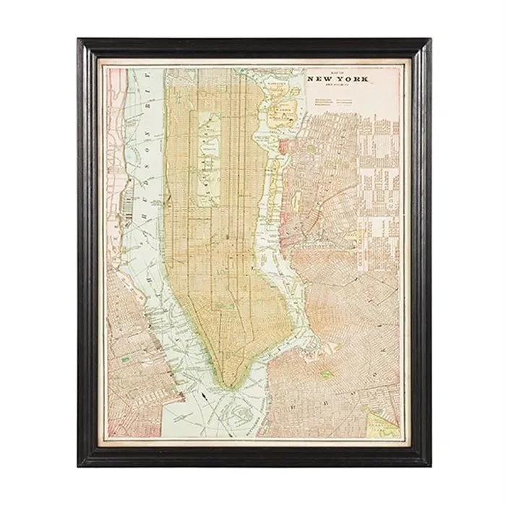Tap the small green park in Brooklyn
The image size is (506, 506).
(326, 374)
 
